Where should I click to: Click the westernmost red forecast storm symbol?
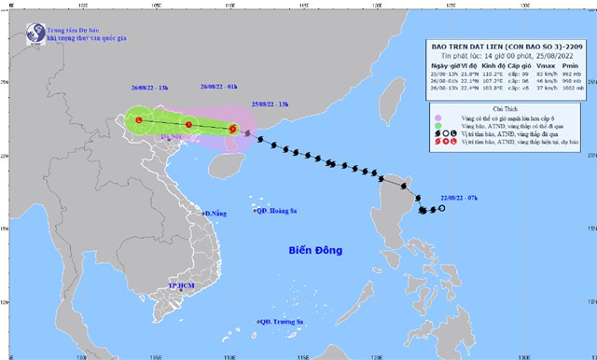[x=139, y=120]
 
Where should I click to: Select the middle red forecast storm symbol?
[x=188, y=125]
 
